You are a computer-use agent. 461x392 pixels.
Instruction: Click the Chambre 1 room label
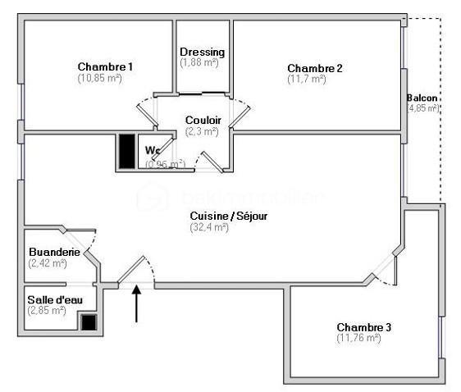[x=105, y=66]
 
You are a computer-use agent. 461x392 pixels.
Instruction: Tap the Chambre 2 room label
[x=314, y=67]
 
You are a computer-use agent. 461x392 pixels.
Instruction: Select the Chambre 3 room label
[x=363, y=326]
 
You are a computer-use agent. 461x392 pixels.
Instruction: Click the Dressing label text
[x=202, y=52]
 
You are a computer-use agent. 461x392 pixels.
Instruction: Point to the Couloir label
[x=202, y=120]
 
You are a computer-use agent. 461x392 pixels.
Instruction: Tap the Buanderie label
[x=54, y=252]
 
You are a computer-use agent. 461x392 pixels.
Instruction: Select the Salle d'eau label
[x=54, y=299]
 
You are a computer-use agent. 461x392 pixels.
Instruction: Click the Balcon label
[x=422, y=98]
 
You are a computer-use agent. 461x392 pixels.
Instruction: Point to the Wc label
[x=153, y=150]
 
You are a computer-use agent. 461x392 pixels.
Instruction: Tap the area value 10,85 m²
[x=99, y=78]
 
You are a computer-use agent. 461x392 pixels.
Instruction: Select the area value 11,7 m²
[x=307, y=79]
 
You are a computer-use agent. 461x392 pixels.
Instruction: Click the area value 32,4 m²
[x=209, y=227]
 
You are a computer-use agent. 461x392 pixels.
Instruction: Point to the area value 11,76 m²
[x=358, y=338]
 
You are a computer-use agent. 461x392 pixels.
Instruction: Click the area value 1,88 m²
[x=199, y=63]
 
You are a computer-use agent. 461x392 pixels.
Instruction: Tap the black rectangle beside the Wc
[x=126, y=150]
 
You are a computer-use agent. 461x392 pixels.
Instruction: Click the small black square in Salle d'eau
[x=87, y=322]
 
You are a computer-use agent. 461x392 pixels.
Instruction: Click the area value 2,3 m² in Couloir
[x=202, y=131]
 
